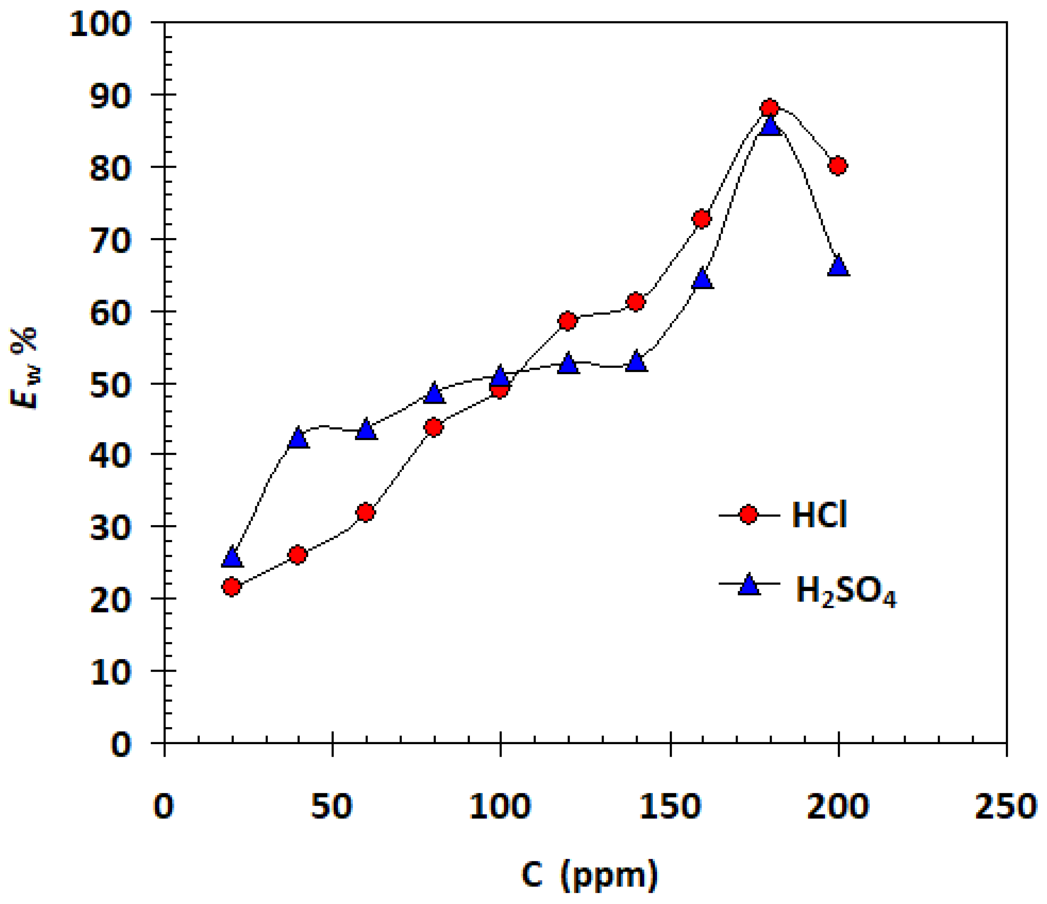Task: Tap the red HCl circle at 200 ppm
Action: click(838, 166)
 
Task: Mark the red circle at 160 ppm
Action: click(702, 219)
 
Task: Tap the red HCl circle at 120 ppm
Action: click(568, 321)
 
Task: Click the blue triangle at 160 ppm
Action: click(702, 279)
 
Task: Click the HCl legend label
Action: click(819, 516)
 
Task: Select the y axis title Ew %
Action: click(24, 367)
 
